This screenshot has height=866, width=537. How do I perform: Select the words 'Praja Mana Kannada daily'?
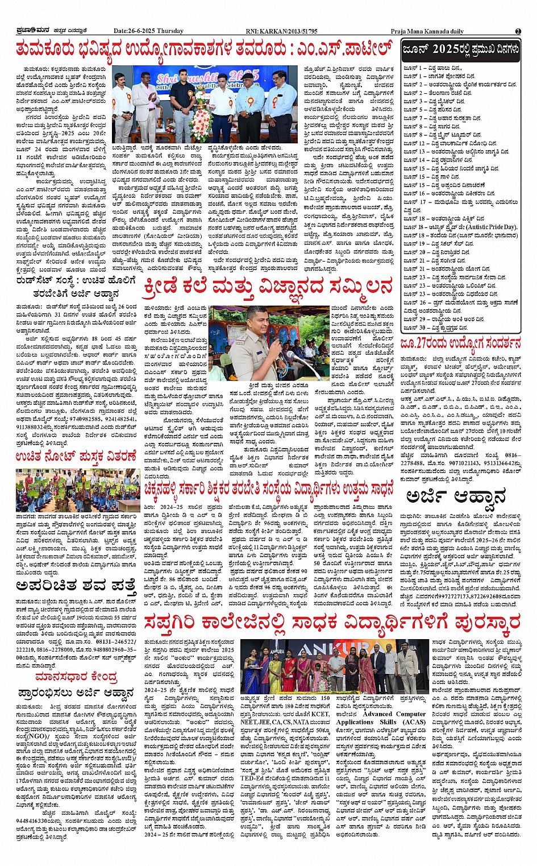[427, 31]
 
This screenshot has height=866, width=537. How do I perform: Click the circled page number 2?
[518, 31]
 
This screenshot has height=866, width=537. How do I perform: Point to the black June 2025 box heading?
[461, 51]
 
